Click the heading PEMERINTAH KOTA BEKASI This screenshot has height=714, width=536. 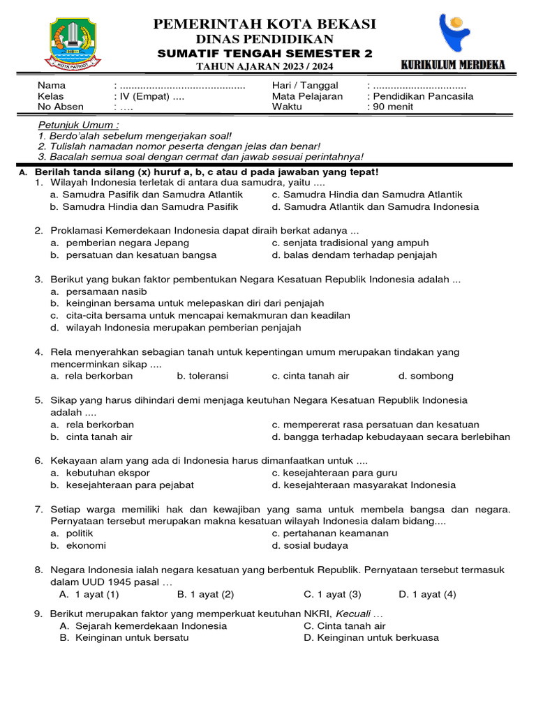[265, 25]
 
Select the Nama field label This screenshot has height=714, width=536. [50, 85]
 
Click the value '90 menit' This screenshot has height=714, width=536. [393, 107]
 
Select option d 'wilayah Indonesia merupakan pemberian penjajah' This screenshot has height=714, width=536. [183, 327]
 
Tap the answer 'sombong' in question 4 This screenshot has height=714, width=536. [432, 376]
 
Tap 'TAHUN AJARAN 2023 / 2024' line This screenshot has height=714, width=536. [265, 66]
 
